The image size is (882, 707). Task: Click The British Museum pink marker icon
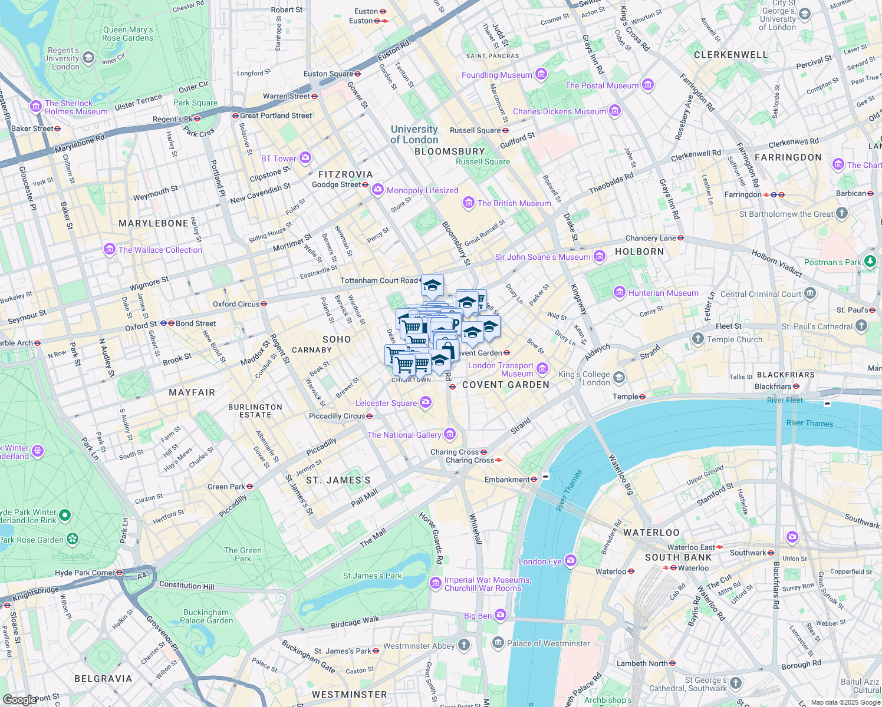pos(469,203)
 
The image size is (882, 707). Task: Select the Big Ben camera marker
pos(501,615)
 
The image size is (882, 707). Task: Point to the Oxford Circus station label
pos(236,304)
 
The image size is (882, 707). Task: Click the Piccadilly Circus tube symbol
pos(370,416)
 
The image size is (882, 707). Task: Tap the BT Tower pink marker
pos(305,158)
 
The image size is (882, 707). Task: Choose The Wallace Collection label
pos(160,250)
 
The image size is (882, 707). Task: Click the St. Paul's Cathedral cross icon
pos(861,325)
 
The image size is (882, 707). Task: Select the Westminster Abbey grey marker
pos(464,645)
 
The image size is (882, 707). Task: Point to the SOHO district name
pos(337,339)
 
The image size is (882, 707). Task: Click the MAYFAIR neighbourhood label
pos(192,392)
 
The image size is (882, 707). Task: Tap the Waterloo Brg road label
pos(620,474)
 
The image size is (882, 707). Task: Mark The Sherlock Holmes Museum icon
pos(36,107)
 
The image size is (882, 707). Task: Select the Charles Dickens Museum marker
pos(615,111)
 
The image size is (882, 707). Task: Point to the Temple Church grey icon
pos(698,339)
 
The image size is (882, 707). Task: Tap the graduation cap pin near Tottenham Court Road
pos(432,286)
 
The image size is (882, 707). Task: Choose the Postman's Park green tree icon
pos(870,261)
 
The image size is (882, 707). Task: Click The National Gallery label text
pos(404,435)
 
